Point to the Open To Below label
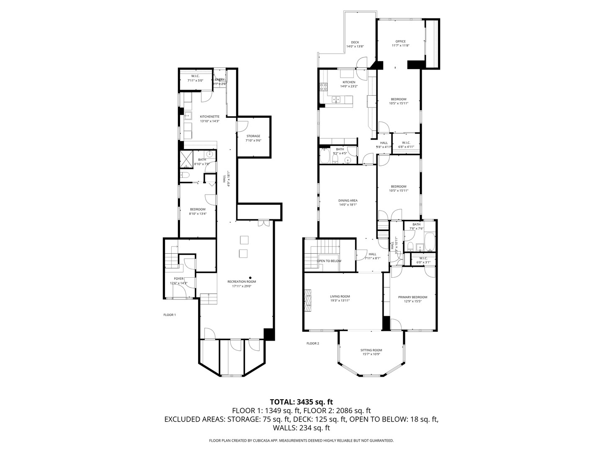[x=329, y=261]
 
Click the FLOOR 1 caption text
[x=170, y=315]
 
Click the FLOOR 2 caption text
[x=313, y=343]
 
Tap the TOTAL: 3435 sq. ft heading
[x=301, y=402]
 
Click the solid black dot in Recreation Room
[x=250, y=278]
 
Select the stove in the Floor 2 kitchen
[x=323, y=87]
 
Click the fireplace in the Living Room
[x=308, y=300]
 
